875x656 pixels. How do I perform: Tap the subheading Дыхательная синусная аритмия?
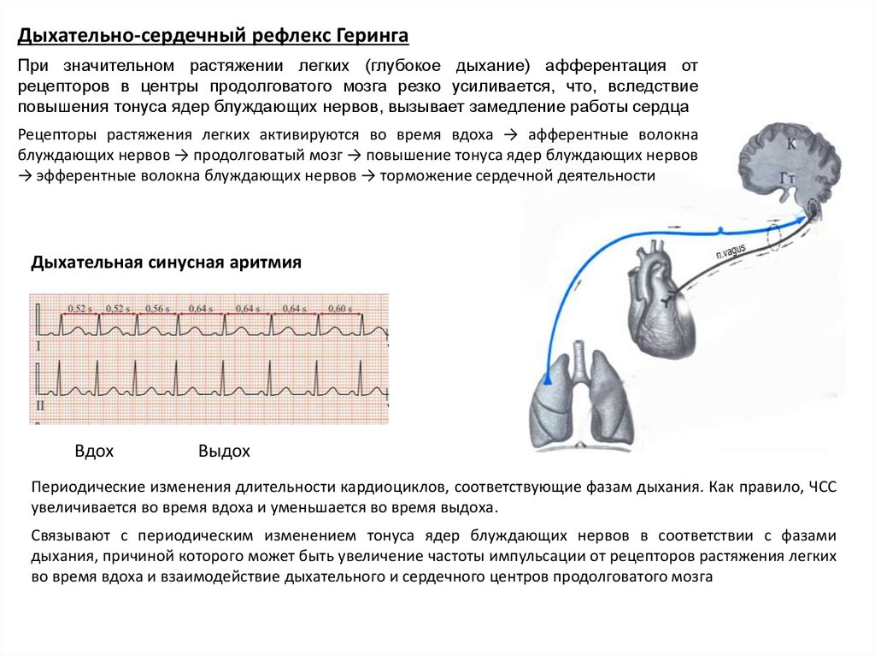tap(166, 263)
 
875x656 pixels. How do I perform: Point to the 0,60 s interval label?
tap(340, 308)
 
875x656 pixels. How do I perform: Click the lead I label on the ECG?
tap(38, 346)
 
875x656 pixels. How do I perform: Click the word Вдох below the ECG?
tap(94, 451)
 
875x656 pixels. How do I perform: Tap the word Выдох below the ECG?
tap(224, 451)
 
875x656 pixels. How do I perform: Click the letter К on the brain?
tap(791, 145)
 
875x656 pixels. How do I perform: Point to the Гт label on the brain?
tap(789, 178)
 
